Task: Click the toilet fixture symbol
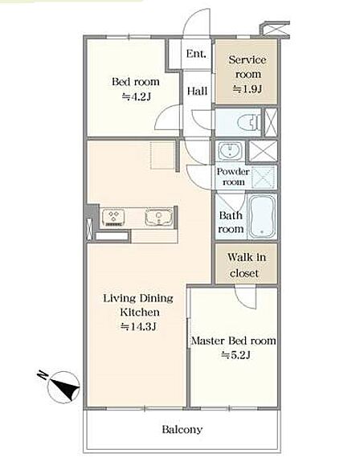249,123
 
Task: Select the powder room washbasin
230,150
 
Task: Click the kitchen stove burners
113,217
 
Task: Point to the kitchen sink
159,217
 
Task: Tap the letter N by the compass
43,374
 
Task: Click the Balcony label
182,429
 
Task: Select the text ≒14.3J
138,326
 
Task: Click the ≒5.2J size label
235,355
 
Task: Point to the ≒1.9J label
247,88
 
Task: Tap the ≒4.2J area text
136,96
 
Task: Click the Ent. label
196,54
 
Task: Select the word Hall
197,91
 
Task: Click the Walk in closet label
246,265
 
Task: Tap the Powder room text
233,177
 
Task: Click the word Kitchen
140,312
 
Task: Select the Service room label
247,67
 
